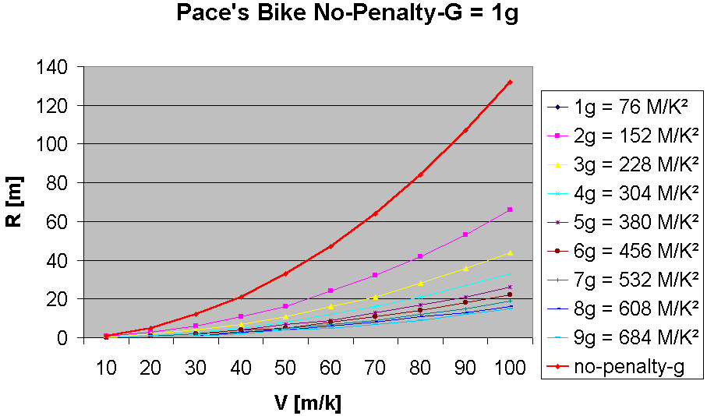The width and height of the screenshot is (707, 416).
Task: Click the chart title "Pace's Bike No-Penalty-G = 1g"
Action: [x=347, y=14]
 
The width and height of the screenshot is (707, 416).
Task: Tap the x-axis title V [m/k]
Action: [x=308, y=403]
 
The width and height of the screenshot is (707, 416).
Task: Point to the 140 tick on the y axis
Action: [x=60, y=67]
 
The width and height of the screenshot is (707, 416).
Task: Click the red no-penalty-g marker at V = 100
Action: [x=510, y=82]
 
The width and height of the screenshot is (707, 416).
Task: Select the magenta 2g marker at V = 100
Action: [x=510, y=210]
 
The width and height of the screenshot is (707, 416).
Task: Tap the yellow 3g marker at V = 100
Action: [x=510, y=252]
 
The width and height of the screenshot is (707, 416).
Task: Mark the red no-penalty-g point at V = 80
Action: [x=420, y=175]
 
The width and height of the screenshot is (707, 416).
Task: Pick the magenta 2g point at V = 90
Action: [x=465, y=234]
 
